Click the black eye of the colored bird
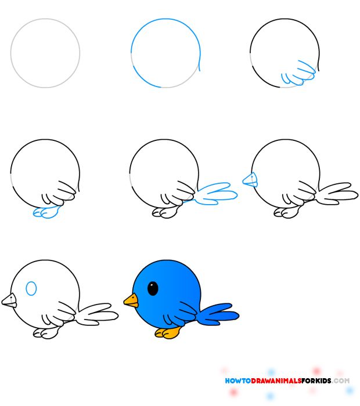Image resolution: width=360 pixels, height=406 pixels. pyautogui.click(x=153, y=288)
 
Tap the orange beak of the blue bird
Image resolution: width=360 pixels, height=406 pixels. pyautogui.click(x=131, y=300)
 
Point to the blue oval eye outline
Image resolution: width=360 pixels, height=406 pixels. pyautogui.click(x=32, y=288)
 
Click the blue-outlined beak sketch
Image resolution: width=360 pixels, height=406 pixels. pyautogui.click(x=250, y=180)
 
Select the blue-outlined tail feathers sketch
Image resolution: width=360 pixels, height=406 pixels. pyautogui.click(x=216, y=193)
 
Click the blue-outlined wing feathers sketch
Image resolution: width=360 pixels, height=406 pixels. pyautogui.click(x=297, y=73)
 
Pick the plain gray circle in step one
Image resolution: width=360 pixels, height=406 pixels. pyautogui.click(x=45, y=53)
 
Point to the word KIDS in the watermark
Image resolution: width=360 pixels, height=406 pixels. pyautogui.click(x=326, y=381)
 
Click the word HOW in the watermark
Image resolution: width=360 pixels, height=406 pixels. pyautogui.click(x=232, y=381)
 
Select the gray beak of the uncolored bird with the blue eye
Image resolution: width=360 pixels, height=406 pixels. pyautogui.click(x=10, y=300)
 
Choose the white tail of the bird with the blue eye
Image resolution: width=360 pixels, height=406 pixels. pyautogui.click(x=98, y=314)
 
